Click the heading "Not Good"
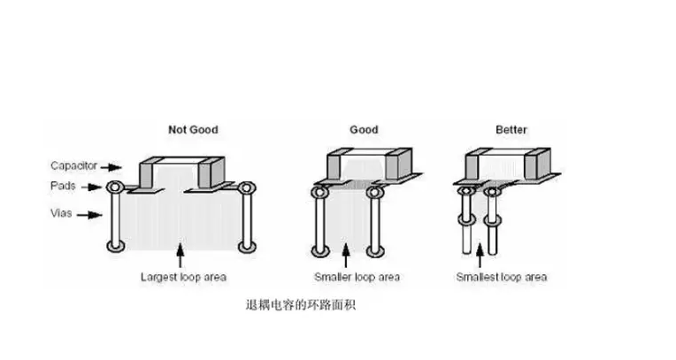pos(192,129)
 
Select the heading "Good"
pos(364,129)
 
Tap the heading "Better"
pos(511,129)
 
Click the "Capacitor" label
pos(73,165)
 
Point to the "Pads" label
pos(63,187)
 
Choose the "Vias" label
pos(63,212)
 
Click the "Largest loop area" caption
pos(182,277)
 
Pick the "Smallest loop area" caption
pos(501,277)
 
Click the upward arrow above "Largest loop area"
pos(181,257)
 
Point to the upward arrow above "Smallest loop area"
pos(482,257)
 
